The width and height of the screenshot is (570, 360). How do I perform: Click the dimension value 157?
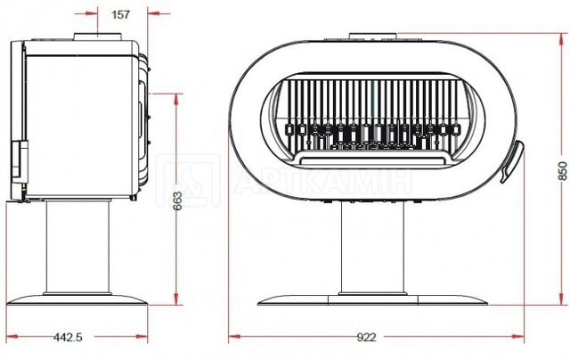120,14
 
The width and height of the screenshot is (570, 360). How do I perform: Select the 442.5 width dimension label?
68,337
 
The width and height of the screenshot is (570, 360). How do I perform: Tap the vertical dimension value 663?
177,200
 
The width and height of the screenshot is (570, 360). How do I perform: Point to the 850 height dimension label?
562,170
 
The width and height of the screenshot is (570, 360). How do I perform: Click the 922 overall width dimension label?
366,337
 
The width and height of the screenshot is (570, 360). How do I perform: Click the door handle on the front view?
513,161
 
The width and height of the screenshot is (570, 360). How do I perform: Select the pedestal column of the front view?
372,247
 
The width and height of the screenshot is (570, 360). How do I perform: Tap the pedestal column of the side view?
77,247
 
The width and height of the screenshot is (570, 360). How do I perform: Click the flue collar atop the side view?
98,37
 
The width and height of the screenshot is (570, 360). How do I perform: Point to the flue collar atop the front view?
372,36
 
